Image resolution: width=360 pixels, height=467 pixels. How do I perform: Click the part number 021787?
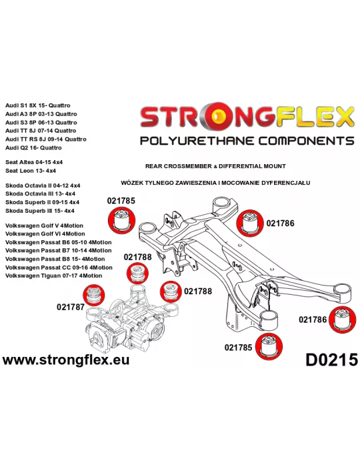pyautogui.click(x=71, y=307)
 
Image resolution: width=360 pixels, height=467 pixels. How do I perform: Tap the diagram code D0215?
pyautogui.click(x=331, y=360)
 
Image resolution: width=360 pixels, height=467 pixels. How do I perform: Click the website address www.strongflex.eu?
pyautogui.click(x=66, y=360)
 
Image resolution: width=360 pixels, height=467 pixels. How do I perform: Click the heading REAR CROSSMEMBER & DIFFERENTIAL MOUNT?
pyautogui.click(x=215, y=166)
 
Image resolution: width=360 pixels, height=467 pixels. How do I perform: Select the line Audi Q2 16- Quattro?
pyautogui.click(x=33, y=147)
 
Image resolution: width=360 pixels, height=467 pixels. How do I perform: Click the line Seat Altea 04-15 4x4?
pyautogui.click(x=34, y=162)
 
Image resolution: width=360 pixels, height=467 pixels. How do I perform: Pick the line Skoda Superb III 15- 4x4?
pyautogui.click(x=40, y=211)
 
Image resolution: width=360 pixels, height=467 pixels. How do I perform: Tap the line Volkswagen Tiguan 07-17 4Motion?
pyautogui.click(x=53, y=276)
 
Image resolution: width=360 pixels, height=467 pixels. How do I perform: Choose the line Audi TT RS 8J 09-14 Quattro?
pyautogui.click(x=46, y=139)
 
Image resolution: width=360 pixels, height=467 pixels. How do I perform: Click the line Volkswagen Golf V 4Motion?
pyautogui.click(x=44, y=225)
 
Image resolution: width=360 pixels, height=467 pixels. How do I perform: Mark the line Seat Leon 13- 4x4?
pyautogui.click(x=31, y=171)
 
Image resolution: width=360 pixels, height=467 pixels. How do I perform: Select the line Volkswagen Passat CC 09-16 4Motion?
pyautogui.click(x=59, y=268)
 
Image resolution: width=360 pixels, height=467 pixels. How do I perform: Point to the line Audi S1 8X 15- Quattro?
pyautogui.click(x=38, y=105)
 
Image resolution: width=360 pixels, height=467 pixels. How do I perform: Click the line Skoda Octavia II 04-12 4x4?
pyautogui.click(x=43, y=185)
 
